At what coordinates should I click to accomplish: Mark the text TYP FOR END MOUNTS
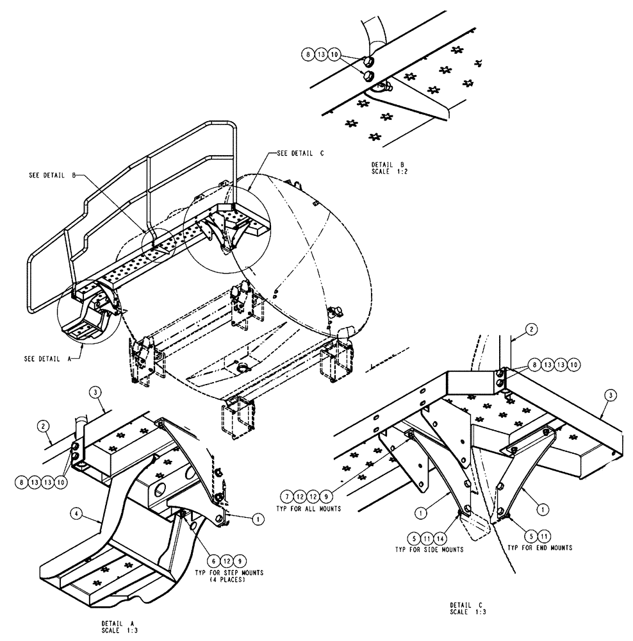(x=539, y=548)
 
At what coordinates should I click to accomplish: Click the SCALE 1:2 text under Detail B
(x=381, y=171)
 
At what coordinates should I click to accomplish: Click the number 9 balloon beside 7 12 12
(x=327, y=495)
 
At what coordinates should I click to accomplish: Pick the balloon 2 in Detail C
(x=531, y=329)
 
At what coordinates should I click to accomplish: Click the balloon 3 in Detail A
(x=95, y=392)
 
